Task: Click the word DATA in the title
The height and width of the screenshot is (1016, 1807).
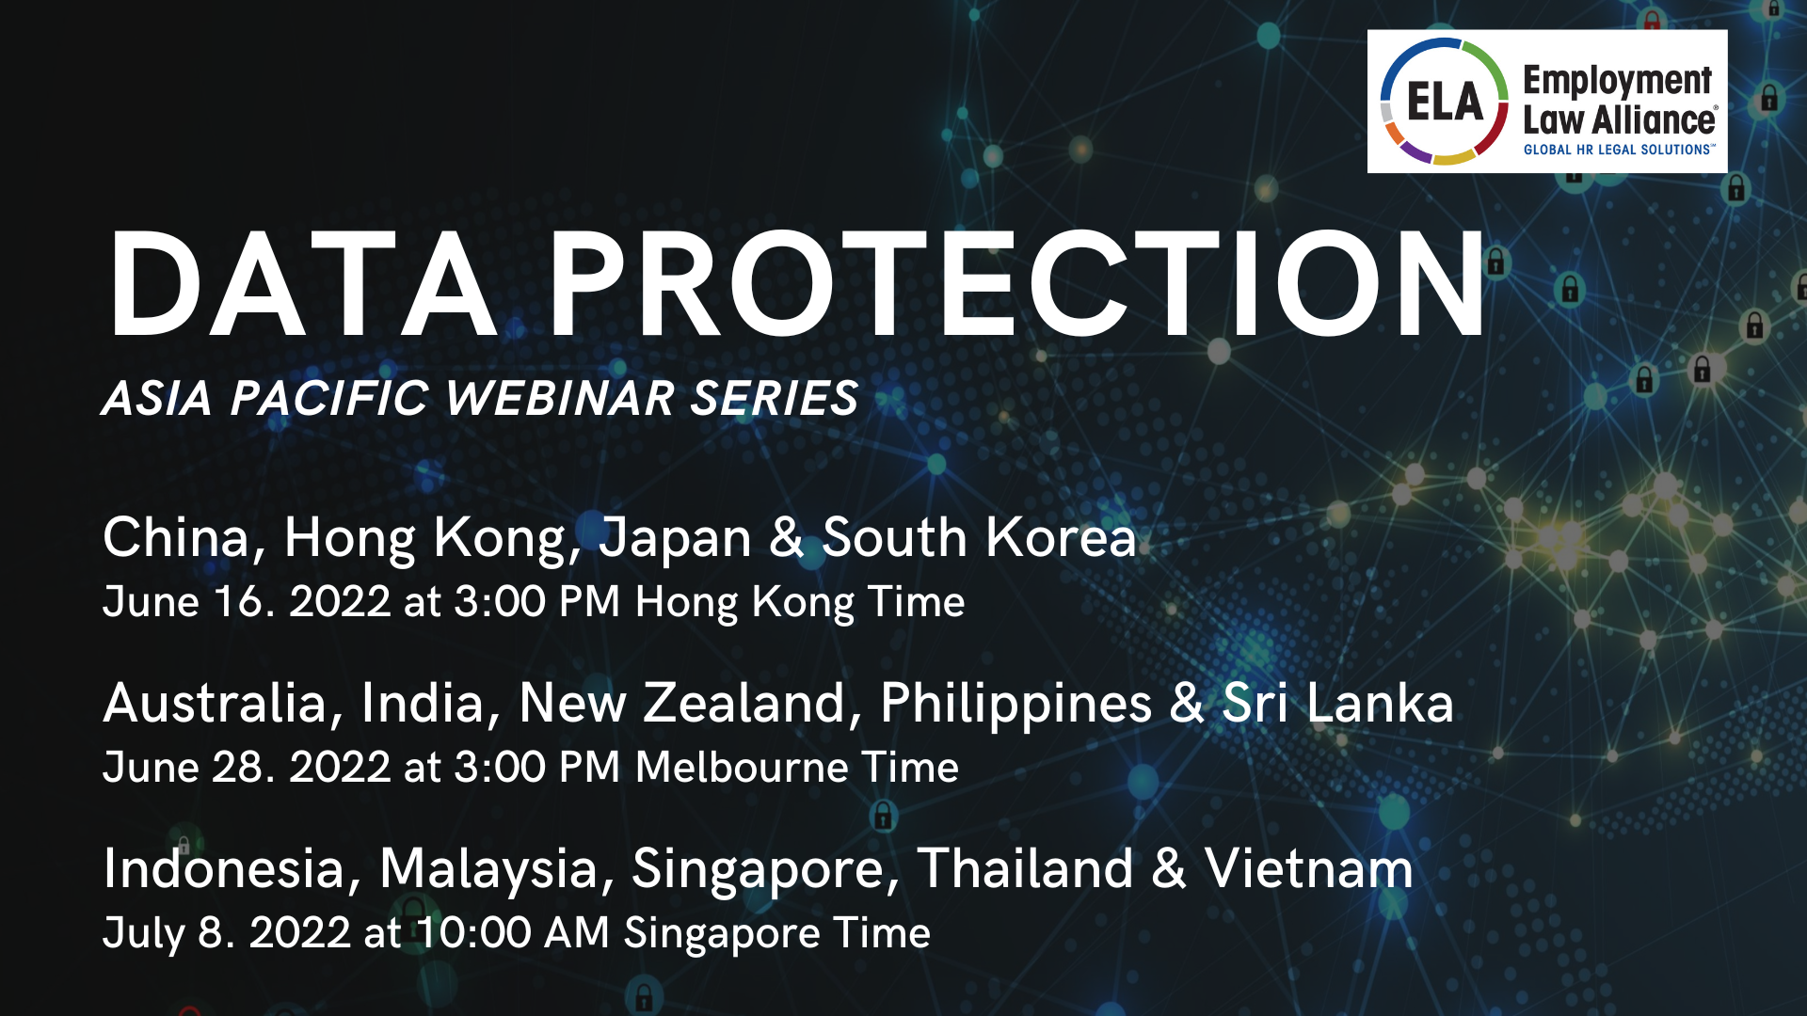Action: (x=301, y=284)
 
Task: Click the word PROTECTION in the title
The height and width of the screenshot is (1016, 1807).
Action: (x=1016, y=284)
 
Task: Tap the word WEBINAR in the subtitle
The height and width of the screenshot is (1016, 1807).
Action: (x=560, y=398)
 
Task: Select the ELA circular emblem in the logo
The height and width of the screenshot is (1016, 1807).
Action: (x=1444, y=102)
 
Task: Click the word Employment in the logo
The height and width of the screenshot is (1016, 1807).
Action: (x=1617, y=81)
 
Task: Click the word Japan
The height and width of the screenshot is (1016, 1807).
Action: (x=675, y=539)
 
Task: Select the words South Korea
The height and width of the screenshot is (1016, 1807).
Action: (x=979, y=538)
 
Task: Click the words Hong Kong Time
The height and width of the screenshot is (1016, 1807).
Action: (x=800, y=602)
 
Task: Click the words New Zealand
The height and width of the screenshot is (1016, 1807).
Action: (x=682, y=704)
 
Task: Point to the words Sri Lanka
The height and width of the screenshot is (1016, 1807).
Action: (x=1337, y=704)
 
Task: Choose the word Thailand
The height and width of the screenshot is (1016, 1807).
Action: (x=1025, y=868)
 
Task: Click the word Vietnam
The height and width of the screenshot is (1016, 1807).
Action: (x=1308, y=868)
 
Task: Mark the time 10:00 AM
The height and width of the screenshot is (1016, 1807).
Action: (x=513, y=933)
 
